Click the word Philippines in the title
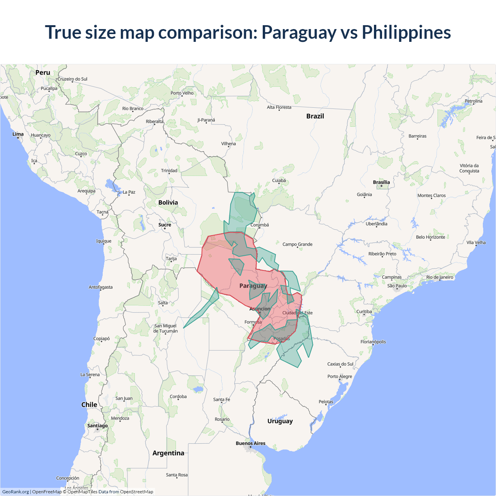406,32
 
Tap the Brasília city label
381,182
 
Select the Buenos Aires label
250,443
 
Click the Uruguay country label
280,421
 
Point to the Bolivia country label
168,203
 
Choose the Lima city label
18,134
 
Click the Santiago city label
97,425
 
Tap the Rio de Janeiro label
439,277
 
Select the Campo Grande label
297,244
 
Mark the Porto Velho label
182,93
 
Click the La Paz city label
129,192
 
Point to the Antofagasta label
100,287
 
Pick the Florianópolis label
373,342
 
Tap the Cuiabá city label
279,181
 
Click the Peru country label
43,72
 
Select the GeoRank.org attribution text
15,492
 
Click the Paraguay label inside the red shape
253,286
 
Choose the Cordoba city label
178,396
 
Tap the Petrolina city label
474,101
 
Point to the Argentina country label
168,453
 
